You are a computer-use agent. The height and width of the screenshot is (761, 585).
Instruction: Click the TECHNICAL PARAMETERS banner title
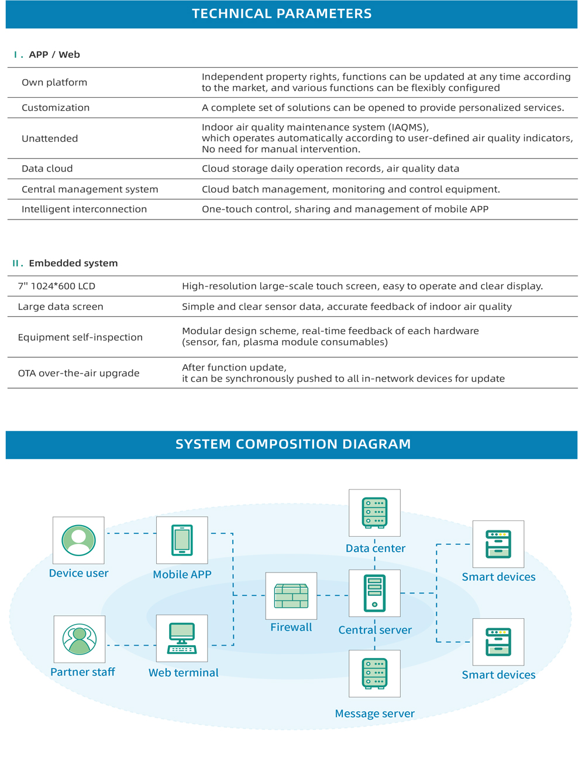point(281,13)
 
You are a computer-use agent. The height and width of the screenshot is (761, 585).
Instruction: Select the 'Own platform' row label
point(54,83)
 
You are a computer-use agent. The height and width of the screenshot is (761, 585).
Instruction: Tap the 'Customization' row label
point(56,108)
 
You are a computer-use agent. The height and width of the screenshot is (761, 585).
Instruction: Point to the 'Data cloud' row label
point(47,169)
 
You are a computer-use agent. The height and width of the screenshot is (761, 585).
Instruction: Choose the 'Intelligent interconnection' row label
point(84,209)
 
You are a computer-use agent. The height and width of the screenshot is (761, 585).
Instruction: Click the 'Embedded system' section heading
point(73,263)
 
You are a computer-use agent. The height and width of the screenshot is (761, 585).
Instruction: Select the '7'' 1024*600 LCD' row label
point(57,286)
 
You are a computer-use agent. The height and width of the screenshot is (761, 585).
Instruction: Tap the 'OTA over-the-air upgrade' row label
point(78,373)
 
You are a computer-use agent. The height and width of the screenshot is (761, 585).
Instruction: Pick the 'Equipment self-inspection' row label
point(80,337)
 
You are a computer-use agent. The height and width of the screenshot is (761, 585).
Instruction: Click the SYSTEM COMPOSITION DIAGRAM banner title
point(293,444)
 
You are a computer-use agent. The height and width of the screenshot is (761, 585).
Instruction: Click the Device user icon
point(78,540)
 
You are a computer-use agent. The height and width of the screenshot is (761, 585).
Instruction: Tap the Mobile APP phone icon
point(182,540)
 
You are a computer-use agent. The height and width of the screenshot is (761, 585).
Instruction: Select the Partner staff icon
point(79,639)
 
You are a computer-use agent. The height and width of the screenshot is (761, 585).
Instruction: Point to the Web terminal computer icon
point(182,638)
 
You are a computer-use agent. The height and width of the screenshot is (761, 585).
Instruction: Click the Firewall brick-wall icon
point(291,596)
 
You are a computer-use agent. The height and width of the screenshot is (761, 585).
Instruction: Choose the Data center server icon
point(374,513)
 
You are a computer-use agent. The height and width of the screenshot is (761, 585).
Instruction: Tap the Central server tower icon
point(374,593)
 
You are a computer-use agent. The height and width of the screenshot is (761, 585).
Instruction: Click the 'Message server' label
point(374,714)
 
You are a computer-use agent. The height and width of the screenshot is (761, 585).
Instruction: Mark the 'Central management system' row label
point(90,190)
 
